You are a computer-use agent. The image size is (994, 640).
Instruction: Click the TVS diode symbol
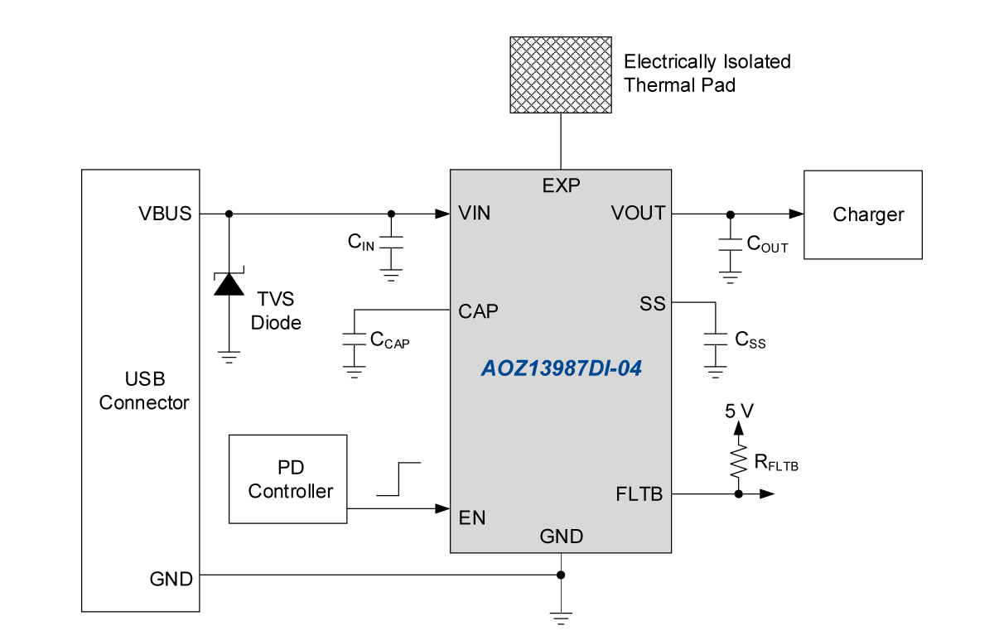tap(229, 283)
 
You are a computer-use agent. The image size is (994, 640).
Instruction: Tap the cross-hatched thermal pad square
tap(561, 75)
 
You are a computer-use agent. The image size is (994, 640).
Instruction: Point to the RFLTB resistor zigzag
tap(738, 462)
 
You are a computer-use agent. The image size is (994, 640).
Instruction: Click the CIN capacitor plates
tap(391, 242)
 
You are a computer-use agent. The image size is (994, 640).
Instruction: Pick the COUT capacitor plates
tap(730, 244)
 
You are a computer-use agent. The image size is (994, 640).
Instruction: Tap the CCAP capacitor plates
tap(355, 339)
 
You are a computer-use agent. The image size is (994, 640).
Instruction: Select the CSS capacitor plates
tap(716, 339)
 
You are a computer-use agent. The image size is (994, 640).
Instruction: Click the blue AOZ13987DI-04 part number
tap(562, 368)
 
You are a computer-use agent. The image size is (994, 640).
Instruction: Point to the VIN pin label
tap(475, 214)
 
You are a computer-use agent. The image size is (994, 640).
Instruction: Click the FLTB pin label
tap(639, 494)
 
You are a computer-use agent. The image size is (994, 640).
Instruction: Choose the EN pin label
tap(472, 518)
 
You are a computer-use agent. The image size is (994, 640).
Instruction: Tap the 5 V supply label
tap(739, 411)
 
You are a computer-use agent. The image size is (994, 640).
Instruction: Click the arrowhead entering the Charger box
tap(797, 214)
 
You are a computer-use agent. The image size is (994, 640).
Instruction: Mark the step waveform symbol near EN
tap(399, 479)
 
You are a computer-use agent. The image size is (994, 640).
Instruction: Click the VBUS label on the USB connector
tap(165, 214)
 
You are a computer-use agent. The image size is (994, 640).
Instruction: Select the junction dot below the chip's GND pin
tap(561, 575)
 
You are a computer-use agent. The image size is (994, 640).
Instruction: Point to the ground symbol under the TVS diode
tap(229, 358)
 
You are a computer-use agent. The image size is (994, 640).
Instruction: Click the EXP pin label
tap(561, 185)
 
